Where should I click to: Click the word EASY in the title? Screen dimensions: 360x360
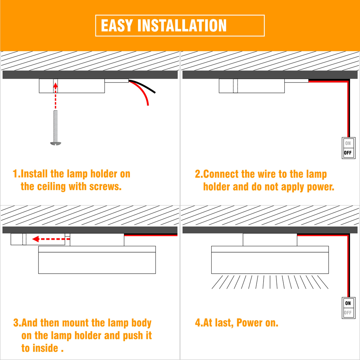(117, 26)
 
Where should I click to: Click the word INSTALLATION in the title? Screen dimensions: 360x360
(182, 26)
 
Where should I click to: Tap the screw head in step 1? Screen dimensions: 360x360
(55, 144)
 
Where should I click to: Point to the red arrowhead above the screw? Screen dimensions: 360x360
(55, 85)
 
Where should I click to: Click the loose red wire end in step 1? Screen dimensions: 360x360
(148, 104)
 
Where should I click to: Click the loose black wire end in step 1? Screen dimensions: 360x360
(154, 92)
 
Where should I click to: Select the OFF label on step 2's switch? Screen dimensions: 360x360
(348, 153)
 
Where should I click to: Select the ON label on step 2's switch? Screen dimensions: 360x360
(348, 143)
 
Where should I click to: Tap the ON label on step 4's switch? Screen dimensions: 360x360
(348, 303)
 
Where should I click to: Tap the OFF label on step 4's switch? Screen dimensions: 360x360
(348, 313)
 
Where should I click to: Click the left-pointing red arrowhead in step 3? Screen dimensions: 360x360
(36, 239)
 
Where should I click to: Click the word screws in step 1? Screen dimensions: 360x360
(105, 187)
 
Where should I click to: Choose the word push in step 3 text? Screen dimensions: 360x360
(133, 336)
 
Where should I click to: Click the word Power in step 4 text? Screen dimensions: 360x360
(249, 323)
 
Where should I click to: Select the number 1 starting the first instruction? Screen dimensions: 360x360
(15, 174)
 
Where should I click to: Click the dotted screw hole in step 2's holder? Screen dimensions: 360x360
(235, 86)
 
